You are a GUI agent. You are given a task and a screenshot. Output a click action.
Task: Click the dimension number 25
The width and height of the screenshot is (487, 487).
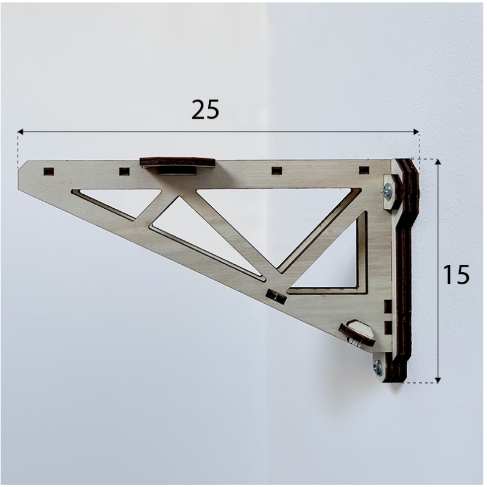tap(205, 110)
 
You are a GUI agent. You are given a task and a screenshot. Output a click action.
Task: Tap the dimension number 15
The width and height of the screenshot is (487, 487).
tap(455, 275)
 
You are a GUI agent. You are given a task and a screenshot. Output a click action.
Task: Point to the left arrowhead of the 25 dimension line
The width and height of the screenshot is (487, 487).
tap(20, 131)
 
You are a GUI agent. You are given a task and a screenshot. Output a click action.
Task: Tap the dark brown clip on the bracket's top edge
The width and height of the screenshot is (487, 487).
tap(177, 163)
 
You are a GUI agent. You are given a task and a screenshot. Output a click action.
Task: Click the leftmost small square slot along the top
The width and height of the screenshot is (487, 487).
tap(49, 171)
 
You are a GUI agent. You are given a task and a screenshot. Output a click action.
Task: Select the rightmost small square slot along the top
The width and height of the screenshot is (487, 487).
tap(364, 170)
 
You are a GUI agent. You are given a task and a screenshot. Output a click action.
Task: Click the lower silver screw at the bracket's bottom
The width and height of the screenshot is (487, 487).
tap(378, 367)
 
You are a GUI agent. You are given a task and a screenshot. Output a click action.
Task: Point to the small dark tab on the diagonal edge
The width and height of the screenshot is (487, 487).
tap(276, 296)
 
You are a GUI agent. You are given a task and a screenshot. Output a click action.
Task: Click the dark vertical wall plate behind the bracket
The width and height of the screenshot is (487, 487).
tap(405, 268)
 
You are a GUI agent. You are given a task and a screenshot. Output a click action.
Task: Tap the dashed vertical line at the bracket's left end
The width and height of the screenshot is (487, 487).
tap(18, 149)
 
